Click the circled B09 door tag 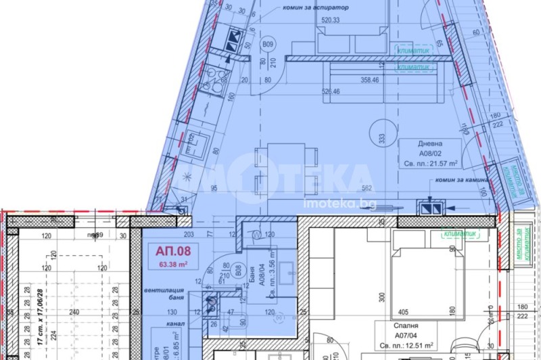click(x=268, y=46)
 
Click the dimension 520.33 click(x=331, y=20)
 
